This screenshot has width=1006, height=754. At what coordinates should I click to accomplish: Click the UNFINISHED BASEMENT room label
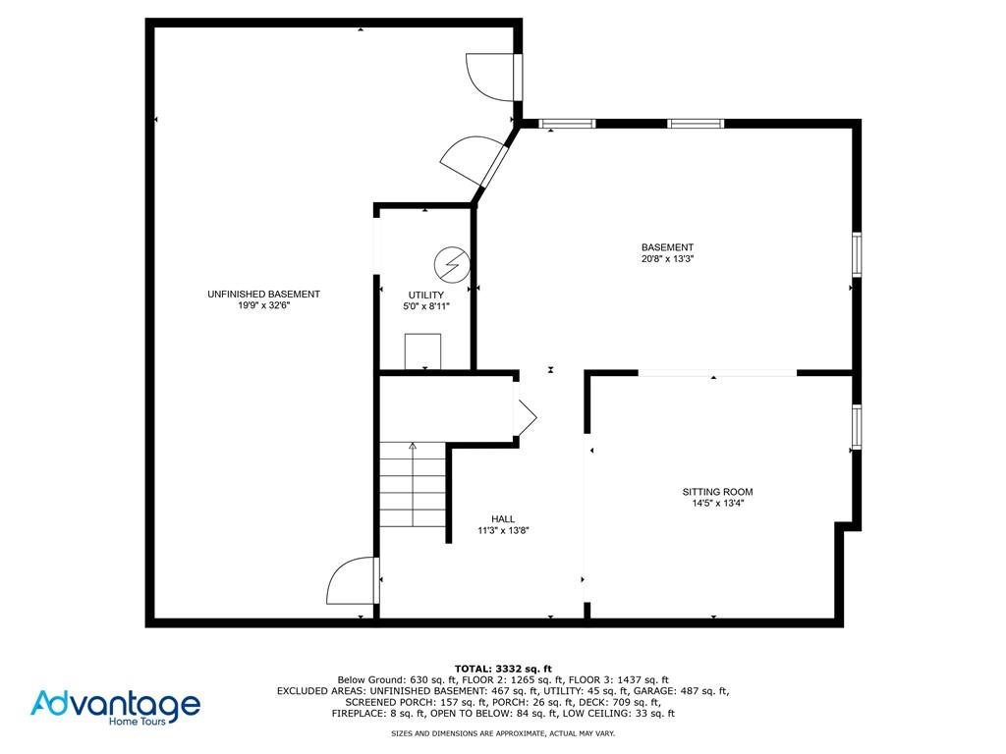coord(263,295)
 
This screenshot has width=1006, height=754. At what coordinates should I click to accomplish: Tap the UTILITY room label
coord(426,296)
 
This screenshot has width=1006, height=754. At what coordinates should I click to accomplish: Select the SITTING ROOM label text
coord(717,492)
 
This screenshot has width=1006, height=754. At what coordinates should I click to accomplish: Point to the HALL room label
coord(503,519)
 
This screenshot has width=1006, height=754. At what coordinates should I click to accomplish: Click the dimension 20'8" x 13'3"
coord(667,260)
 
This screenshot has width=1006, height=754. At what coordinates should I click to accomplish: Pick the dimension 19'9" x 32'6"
coord(263,306)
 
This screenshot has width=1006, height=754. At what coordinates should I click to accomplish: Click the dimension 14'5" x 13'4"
coord(717,504)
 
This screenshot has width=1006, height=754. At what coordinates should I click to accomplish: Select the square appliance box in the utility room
coord(423,350)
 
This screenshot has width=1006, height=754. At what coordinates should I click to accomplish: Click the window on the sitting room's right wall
coord(857,427)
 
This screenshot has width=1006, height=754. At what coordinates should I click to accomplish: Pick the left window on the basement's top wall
coord(568,124)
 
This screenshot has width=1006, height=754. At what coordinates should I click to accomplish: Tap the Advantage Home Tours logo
coord(116,706)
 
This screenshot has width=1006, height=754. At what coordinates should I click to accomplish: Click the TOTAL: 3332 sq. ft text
coord(503,669)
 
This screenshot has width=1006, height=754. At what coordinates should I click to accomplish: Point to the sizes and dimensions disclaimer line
coord(503,733)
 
